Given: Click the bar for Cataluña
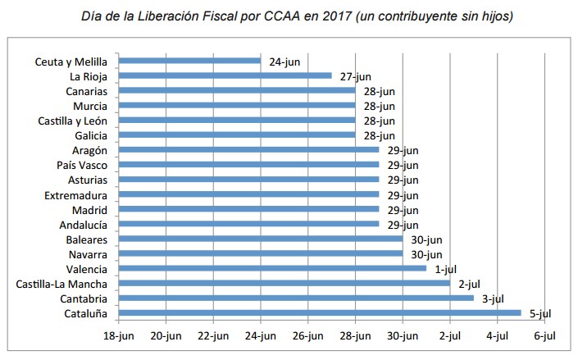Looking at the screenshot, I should [x=320, y=312].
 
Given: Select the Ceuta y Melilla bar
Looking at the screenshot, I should [x=189, y=61].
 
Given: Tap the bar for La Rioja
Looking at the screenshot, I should [x=225, y=75].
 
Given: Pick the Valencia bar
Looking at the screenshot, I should [x=273, y=268].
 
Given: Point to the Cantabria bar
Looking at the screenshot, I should [x=296, y=298].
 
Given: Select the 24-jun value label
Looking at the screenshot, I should [x=284, y=61].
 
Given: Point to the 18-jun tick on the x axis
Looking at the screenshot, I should [x=119, y=335].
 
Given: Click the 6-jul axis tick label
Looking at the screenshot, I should [x=544, y=335].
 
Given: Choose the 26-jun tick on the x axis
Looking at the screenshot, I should [x=308, y=335].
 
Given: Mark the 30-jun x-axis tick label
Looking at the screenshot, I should [x=403, y=335].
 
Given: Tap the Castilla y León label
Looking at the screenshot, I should [x=73, y=120].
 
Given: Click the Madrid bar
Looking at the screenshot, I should [x=249, y=209].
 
